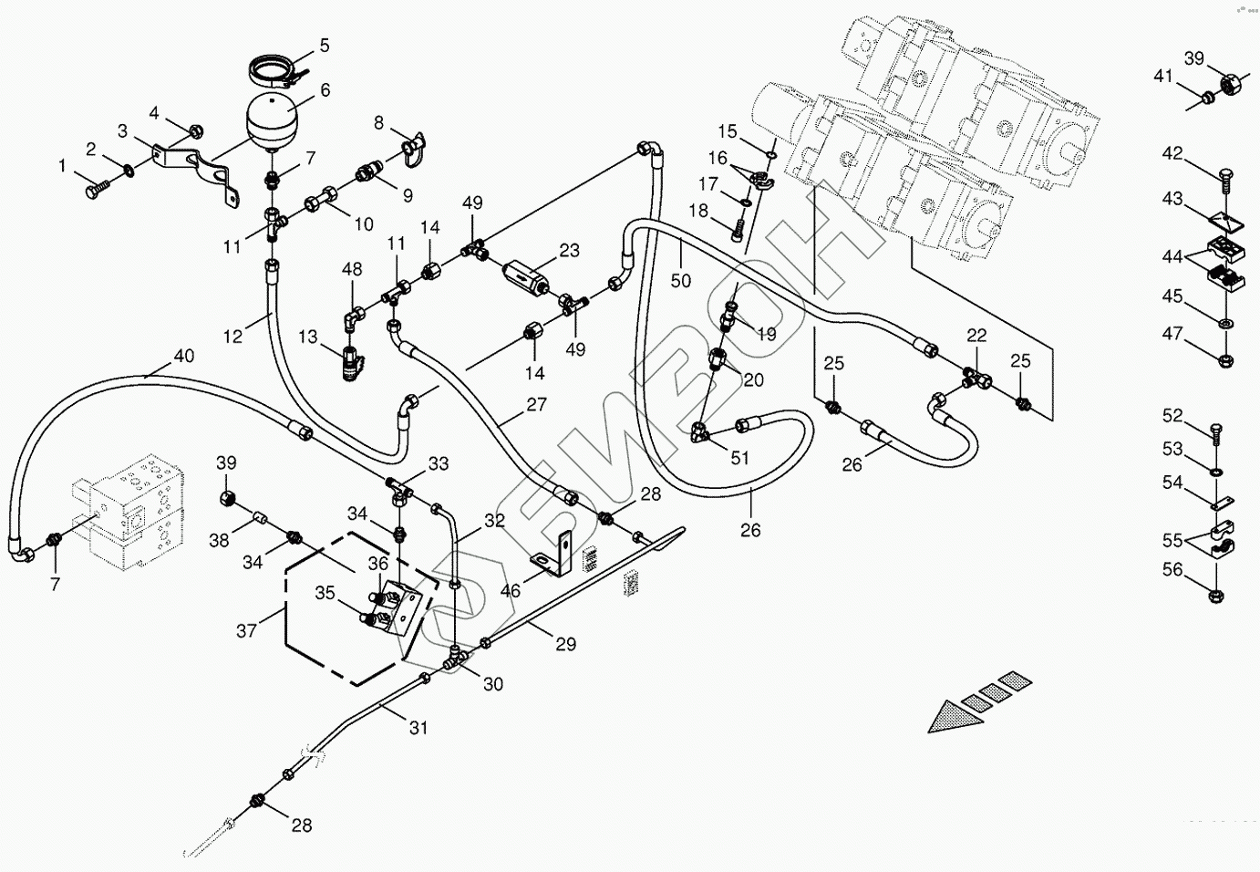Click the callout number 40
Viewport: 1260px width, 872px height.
(183, 356)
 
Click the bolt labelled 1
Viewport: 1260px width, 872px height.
(95, 189)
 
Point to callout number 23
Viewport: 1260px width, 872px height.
(569, 251)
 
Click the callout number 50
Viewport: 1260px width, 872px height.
(681, 280)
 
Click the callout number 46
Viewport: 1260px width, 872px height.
(511, 590)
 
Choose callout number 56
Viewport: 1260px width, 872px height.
(1172, 570)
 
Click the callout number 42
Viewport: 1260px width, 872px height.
(1172, 153)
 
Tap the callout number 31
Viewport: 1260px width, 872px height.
(418, 727)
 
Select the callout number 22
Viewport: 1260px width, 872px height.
(976, 336)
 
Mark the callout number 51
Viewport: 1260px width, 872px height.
(739, 457)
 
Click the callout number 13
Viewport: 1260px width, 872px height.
(308, 338)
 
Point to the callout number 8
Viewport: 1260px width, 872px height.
(379, 123)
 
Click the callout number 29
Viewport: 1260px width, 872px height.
(566, 644)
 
